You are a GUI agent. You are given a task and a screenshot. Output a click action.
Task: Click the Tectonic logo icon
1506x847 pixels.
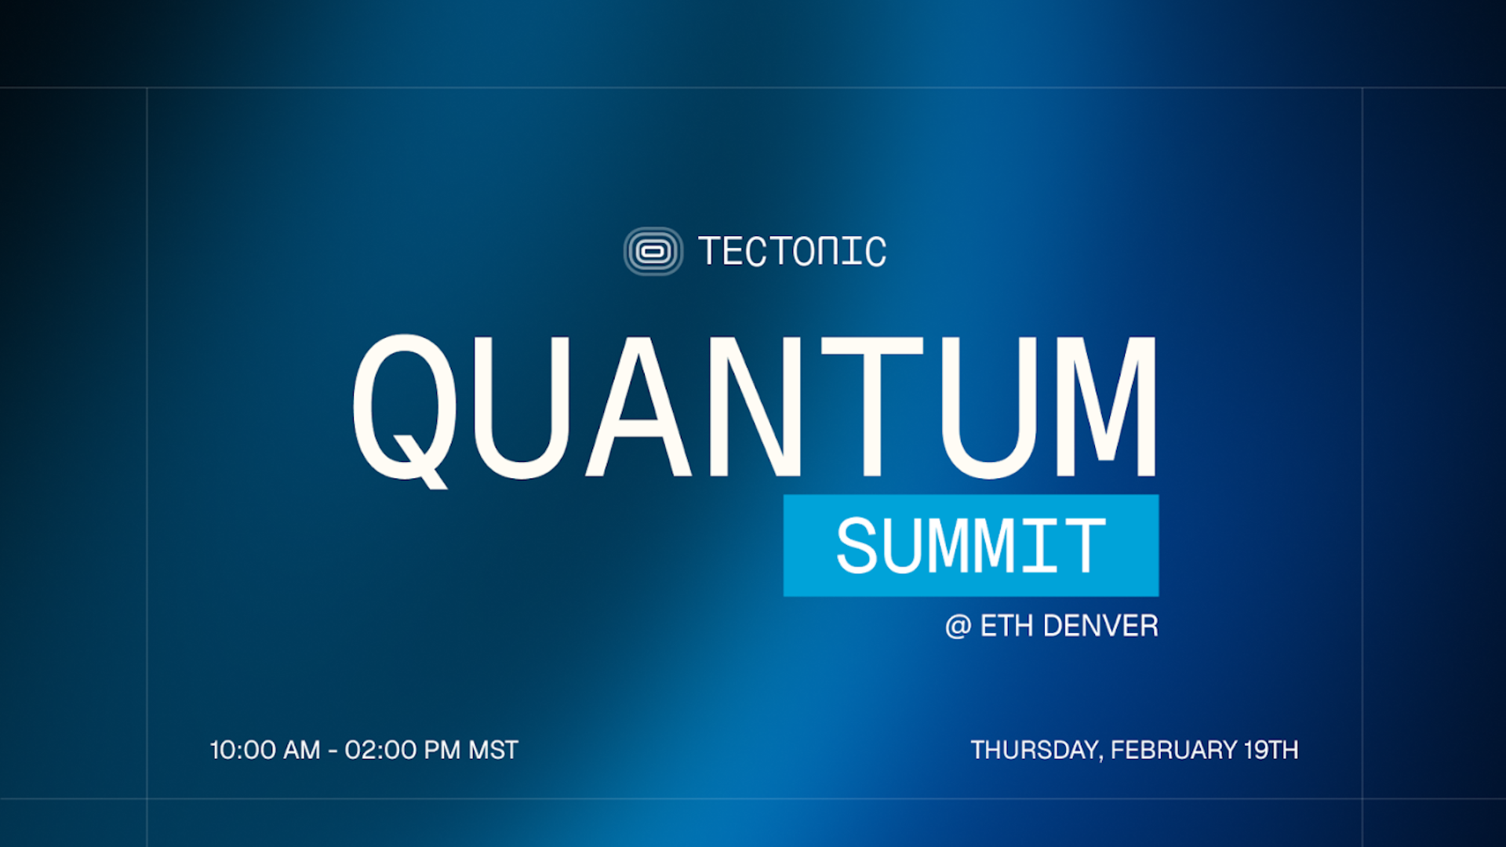click(653, 252)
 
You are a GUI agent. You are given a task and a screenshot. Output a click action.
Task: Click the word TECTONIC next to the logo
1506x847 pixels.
click(792, 252)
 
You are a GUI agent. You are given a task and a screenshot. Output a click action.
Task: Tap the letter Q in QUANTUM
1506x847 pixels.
click(405, 408)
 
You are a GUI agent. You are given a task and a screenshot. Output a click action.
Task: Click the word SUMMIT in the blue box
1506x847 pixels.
click(971, 546)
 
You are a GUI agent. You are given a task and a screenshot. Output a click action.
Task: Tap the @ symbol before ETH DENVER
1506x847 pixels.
click(958, 627)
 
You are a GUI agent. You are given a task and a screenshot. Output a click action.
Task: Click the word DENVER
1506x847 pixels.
click(1100, 626)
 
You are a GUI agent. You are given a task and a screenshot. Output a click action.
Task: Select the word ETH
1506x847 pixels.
click(1006, 626)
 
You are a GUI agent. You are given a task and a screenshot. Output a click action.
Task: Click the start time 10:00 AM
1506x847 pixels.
click(264, 751)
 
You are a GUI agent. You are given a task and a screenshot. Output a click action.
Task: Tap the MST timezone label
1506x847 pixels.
click(493, 751)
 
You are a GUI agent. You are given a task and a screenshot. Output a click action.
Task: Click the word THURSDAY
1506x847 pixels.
click(1035, 751)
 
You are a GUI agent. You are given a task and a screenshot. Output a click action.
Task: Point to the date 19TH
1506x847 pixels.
click(1271, 751)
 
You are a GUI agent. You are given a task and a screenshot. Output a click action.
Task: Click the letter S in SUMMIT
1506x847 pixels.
click(857, 546)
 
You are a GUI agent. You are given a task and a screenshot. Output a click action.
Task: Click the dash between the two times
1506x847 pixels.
click(333, 752)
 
